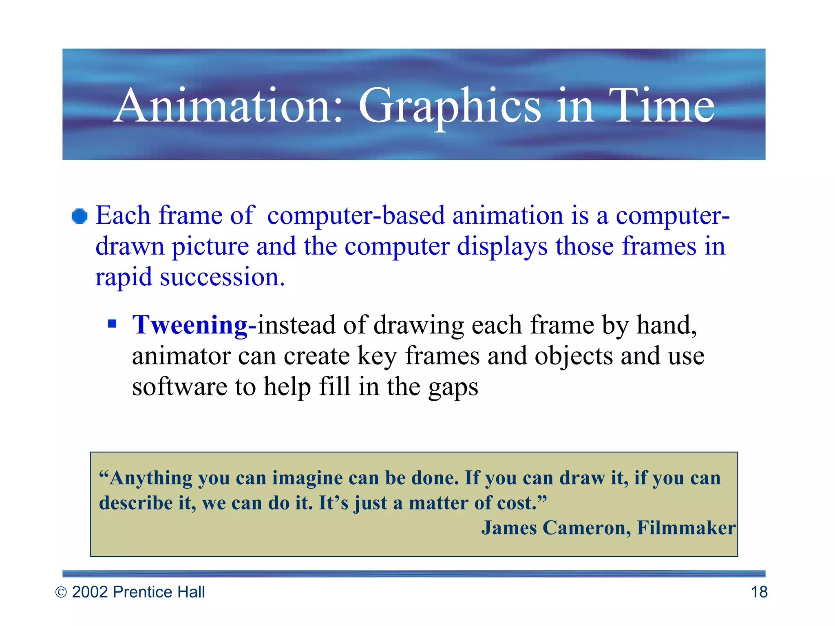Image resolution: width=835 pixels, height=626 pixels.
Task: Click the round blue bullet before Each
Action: click(80, 216)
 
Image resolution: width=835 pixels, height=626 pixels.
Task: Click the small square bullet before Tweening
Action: click(112, 324)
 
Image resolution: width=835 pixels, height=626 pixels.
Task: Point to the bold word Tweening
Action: click(190, 325)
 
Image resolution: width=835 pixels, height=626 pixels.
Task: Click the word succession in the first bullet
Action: click(222, 277)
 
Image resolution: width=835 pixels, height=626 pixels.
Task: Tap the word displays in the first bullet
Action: click(502, 247)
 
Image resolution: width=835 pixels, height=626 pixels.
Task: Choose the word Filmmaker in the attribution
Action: click(686, 528)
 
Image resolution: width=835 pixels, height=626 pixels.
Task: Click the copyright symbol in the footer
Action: click(61, 592)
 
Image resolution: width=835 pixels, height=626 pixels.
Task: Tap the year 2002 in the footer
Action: click(90, 592)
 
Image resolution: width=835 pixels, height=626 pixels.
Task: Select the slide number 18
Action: click(759, 592)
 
